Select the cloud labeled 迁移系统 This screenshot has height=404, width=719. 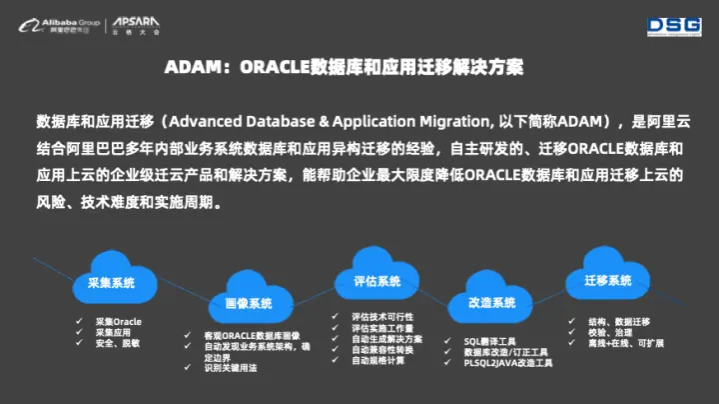pyautogui.click(x=607, y=281)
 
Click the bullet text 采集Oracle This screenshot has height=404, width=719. pyautogui.click(x=117, y=321)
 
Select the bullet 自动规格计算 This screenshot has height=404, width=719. pyautogui.click(x=378, y=361)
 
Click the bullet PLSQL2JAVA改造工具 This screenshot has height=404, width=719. pyautogui.click(x=507, y=363)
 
